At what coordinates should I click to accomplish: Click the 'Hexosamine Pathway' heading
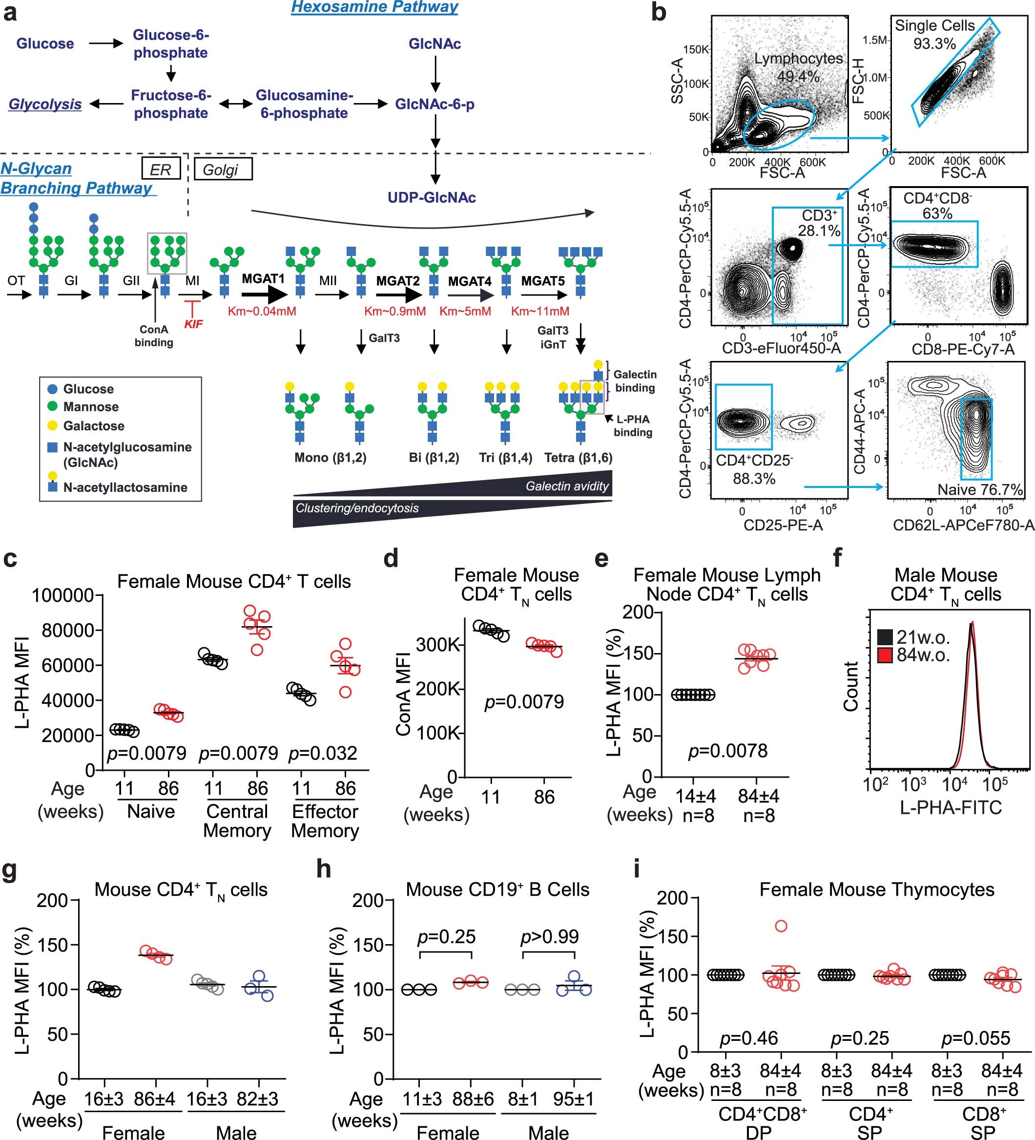click(374, 7)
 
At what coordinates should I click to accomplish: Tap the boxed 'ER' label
click(161, 169)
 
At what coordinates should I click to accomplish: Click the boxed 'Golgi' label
click(222, 169)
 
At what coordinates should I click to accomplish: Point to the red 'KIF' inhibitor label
click(193, 324)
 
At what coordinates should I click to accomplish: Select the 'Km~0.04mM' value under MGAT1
click(262, 311)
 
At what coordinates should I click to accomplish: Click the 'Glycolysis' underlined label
click(45, 104)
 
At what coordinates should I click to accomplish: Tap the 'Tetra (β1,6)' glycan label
click(578, 458)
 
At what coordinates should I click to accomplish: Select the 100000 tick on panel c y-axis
click(62, 595)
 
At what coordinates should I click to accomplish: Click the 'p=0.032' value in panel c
click(323, 753)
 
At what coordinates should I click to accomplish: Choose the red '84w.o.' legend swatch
click(885, 655)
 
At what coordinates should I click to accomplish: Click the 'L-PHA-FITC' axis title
click(951, 807)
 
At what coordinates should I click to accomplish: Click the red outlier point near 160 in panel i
click(781, 926)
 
